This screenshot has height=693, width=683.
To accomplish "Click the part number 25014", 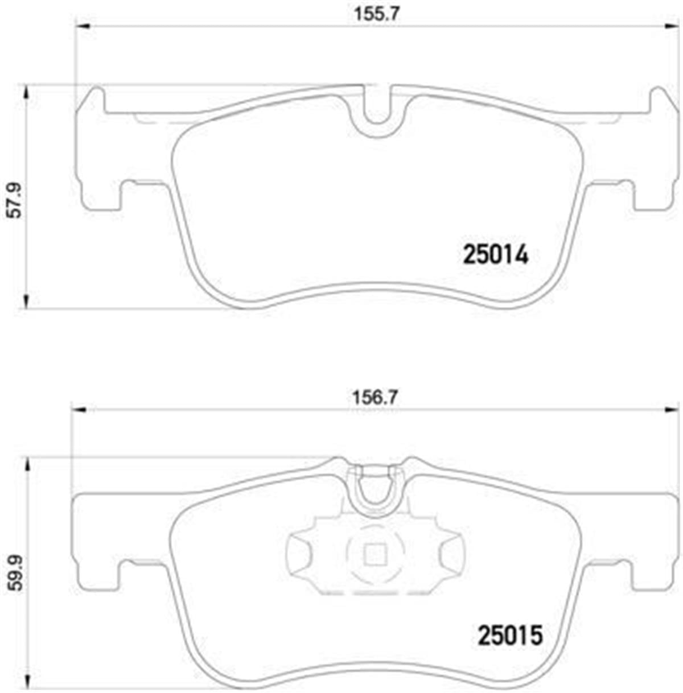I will coord(496,255).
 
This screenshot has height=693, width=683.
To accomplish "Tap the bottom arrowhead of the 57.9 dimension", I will coord(24,302).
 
